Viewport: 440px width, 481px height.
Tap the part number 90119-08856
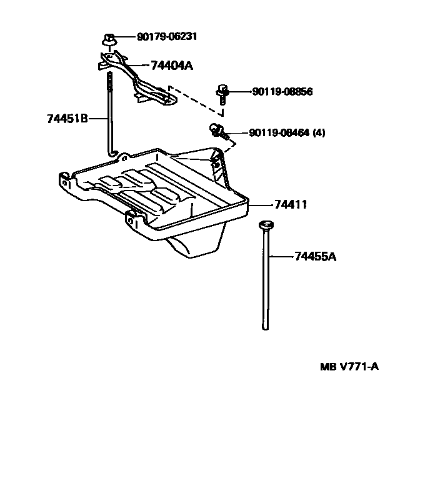coord(282,92)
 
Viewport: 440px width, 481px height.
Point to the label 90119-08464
coord(279,132)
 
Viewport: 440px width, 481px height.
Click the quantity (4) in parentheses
coord(319,132)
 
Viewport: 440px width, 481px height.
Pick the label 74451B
coord(67,118)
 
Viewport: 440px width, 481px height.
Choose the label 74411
coord(291,204)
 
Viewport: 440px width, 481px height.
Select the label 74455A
coord(315,256)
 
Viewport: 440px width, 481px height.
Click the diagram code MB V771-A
coord(349,367)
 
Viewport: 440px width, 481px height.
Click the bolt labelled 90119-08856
coord(222,93)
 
